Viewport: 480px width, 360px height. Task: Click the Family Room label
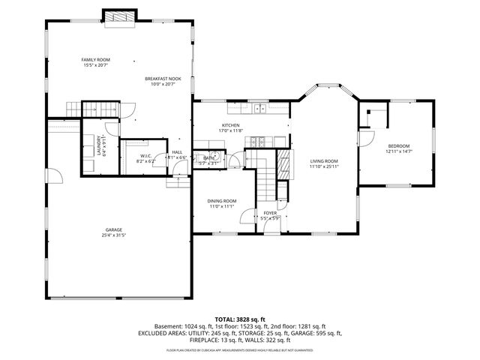[96, 59]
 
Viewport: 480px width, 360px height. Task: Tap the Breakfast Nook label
[163, 78]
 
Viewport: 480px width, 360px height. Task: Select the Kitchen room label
[230, 125]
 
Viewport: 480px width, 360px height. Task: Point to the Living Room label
[325, 160]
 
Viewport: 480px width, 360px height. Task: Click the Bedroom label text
[398, 145]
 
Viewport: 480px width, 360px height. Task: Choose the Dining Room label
[222, 200]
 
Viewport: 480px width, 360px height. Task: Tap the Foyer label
[270, 213]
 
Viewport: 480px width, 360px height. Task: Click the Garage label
[114, 229]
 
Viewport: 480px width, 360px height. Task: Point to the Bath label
[209, 157]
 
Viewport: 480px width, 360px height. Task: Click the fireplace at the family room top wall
[119, 16]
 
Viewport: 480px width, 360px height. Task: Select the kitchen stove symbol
[259, 140]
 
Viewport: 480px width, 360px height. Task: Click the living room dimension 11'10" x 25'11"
[325, 166]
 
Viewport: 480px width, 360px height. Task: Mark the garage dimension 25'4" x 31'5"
[114, 235]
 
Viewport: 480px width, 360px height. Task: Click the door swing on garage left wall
[55, 177]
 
